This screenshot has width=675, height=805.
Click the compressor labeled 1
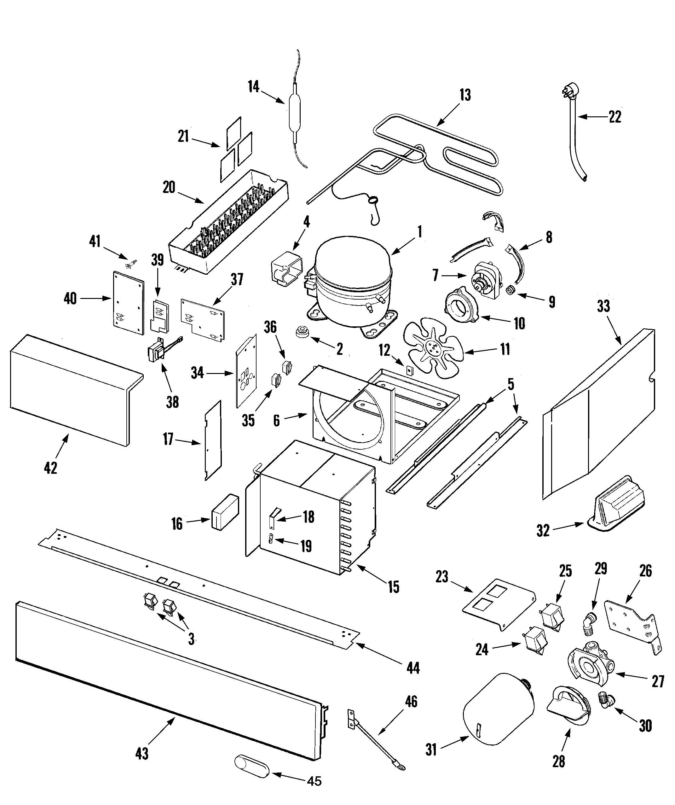(x=352, y=284)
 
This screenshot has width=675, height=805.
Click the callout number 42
(x=50, y=468)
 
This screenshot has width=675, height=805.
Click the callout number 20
(x=169, y=187)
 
